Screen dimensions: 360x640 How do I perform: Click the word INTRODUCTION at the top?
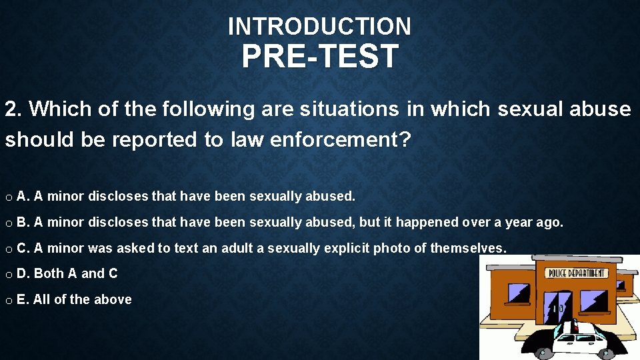[319, 27]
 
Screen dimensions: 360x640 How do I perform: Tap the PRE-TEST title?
[320, 57]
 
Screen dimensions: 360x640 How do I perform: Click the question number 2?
[13, 109]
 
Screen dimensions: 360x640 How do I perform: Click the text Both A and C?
[75, 273]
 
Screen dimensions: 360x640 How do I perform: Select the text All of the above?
[82, 299]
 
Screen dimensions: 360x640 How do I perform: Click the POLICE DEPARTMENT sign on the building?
[577, 273]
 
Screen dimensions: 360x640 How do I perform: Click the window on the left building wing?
[518, 293]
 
